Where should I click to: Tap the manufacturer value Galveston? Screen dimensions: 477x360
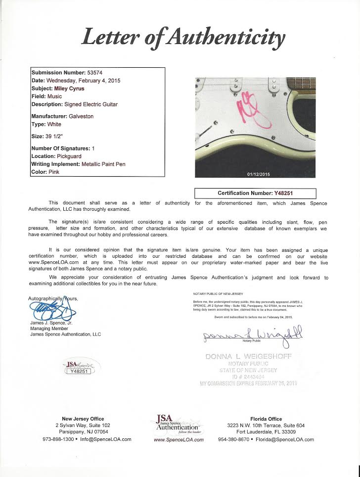(x=80, y=116)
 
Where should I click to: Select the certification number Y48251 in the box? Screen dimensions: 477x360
(x=287, y=193)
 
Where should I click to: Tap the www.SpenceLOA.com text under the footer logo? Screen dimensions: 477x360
(x=180, y=439)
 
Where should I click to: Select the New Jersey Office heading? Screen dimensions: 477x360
(x=83, y=419)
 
